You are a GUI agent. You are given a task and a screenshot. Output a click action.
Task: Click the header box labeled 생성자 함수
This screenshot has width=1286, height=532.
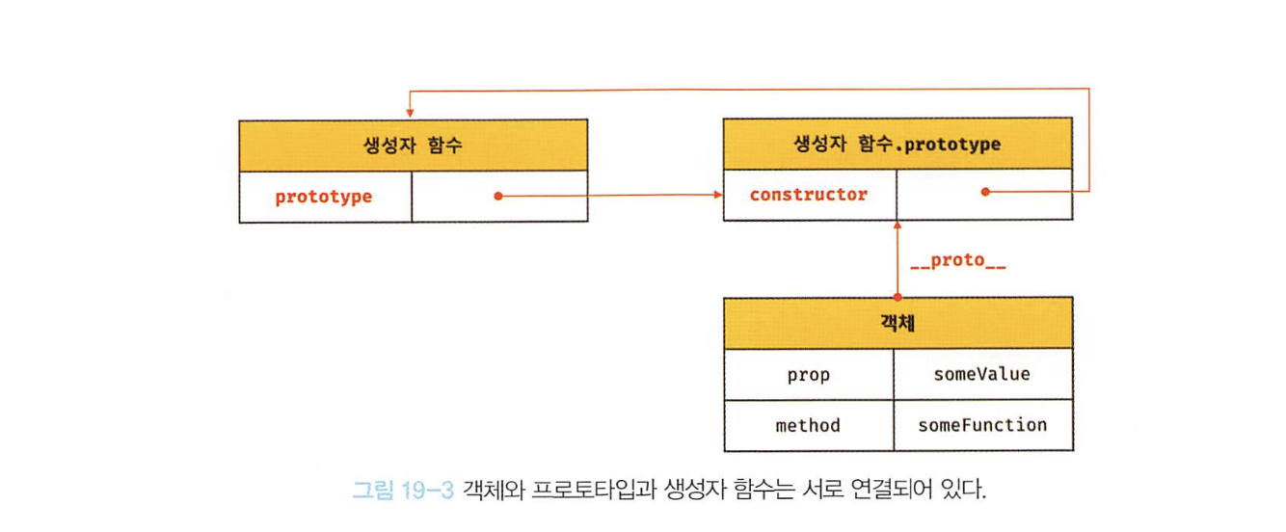(x=413, y=146)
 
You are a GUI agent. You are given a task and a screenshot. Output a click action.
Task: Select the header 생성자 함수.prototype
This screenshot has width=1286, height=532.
(x=897, y=146)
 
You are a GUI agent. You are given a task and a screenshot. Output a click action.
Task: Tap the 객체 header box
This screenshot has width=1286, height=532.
(x=897, y=323)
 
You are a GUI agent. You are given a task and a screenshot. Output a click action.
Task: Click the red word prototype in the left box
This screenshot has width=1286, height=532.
(x=324, y=197)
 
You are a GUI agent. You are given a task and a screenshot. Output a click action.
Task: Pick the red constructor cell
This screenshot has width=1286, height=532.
(x=809, y=195)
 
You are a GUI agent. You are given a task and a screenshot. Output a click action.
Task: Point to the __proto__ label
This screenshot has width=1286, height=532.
(x=958, y=260)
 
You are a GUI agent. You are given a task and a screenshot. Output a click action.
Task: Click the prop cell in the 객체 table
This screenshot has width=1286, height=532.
(x=808, y=375)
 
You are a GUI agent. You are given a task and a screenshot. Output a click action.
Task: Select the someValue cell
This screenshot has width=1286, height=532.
(x=981, y=374)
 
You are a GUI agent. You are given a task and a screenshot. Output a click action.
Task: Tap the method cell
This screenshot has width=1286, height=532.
(x=808, y=425)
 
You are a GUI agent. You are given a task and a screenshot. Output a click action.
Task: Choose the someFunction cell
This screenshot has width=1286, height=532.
(x=981, y=425)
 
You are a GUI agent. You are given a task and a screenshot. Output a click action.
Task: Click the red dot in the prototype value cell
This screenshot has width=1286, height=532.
(x=497, y=196)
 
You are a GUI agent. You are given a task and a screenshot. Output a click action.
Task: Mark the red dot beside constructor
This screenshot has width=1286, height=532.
(x=984, y=192)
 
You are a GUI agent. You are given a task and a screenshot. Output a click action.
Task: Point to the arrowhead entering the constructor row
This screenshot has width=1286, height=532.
(x=718, y=195)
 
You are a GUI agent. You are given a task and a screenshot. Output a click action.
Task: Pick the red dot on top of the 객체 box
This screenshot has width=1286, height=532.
(x=898, y=297)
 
